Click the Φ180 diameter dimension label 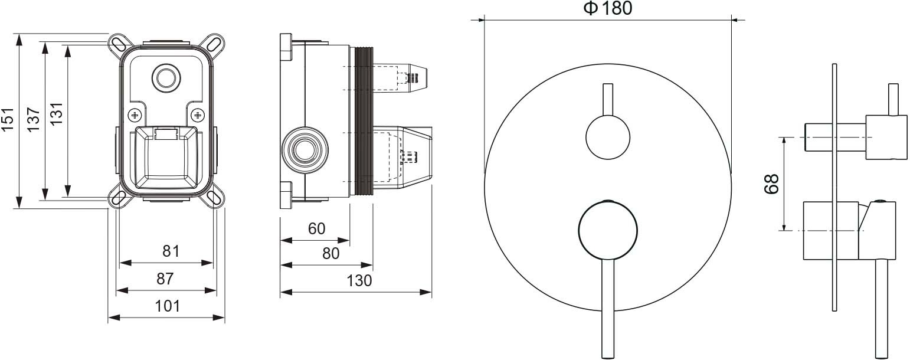(608, 8)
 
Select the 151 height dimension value (8, 119)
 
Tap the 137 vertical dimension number (34, 119)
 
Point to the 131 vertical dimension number (57, 113)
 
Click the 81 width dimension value (171, 251)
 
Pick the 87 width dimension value (165, 279)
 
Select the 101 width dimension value (168, 306)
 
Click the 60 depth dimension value (316, 229)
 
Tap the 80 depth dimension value (330, 254)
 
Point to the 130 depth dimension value (359, 280)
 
